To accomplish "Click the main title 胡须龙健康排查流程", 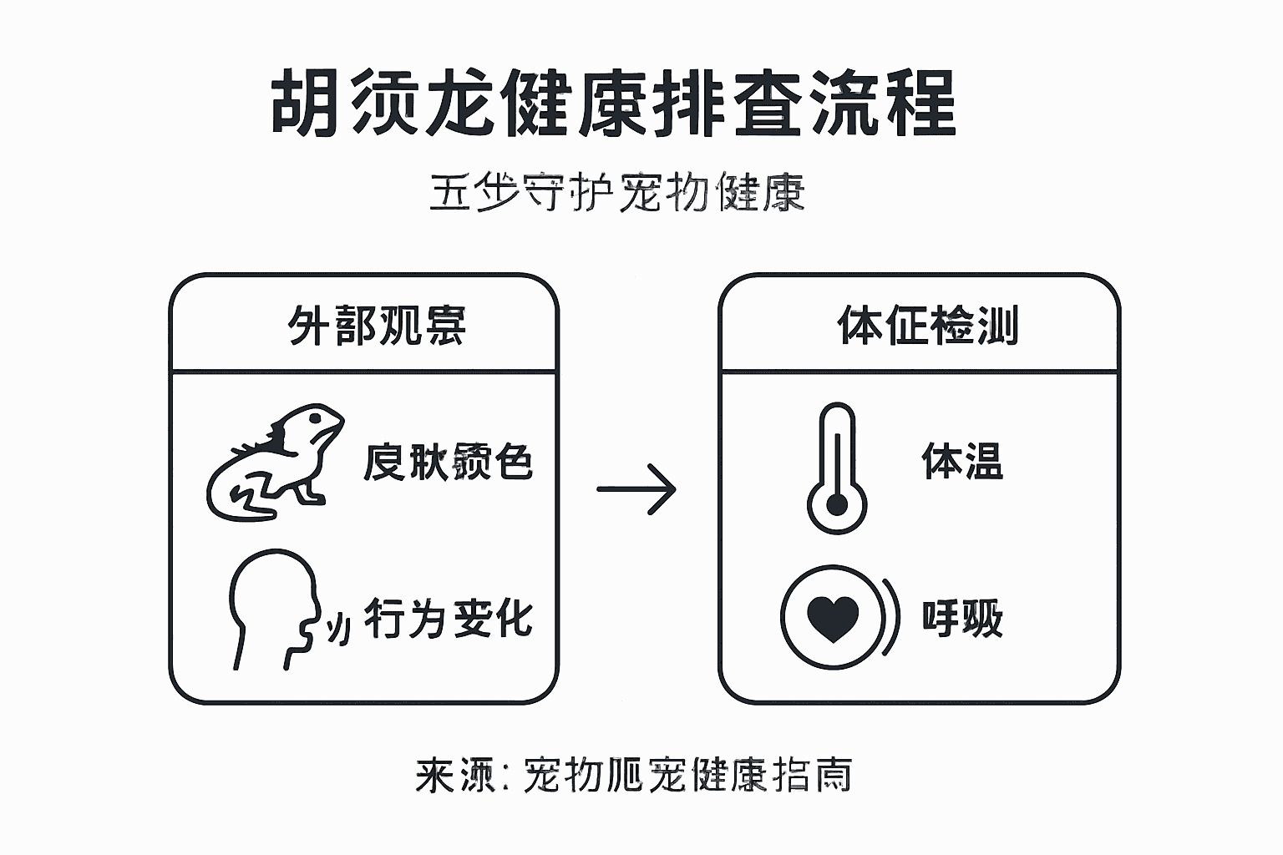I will click(x=614, y=104).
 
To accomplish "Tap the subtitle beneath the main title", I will click(x=617, y=193).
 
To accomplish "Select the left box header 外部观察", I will click(x=376, y=326).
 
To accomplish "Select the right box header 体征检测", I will click(x=928, y=326).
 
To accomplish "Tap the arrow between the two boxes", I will click(x=636, y=489).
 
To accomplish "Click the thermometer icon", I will click(x=836, y=468).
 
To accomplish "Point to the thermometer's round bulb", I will click(x=836, y=505).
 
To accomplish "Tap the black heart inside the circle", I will click(x=833, y=618).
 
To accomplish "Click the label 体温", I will click(x=962, y=461).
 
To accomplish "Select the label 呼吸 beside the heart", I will click(x=962, y=619).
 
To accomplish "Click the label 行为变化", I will click(x=449, y=619).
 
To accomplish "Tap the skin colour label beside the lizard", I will click(x=449, y=462).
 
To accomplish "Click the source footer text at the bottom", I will click(x=634, y=776).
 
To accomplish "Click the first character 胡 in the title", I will click(x=306, y=104).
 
